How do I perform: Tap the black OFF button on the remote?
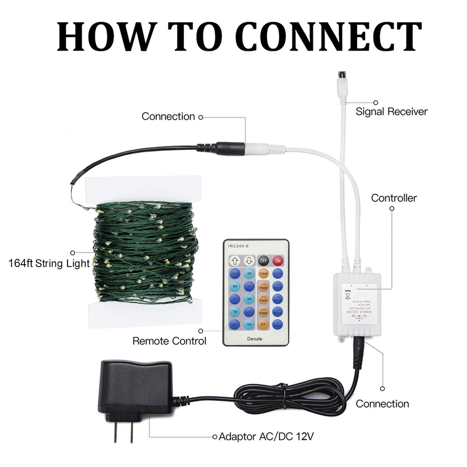click(x=263, y=261)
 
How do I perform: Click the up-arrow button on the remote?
click(x=235, y=261)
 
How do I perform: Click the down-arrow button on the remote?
click(x=249, y=261)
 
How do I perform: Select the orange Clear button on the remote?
click(x=263, y=274)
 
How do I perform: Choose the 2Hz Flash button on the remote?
click(x=263, y=299)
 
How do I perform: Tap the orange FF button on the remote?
click(x=263, y=324)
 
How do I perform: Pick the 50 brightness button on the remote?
click(x=249, y=274)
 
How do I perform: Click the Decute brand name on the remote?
click(x=255, y=339)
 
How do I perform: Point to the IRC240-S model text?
click(x=238, y=246)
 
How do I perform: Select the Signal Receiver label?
click(x=391, y=111)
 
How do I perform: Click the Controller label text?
click(x=394, y=198)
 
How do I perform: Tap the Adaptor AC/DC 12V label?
click(x=266, y=437)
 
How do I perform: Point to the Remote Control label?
click(x=169, y=341)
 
